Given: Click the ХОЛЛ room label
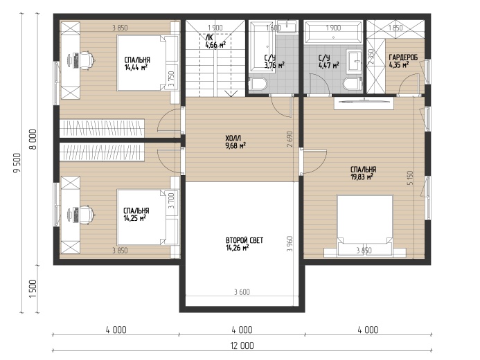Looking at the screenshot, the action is click(x=233, y=138).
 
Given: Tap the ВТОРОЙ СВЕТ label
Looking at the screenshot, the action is click(x=245, y=240).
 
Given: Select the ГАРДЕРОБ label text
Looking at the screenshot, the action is click(x=403, y=57).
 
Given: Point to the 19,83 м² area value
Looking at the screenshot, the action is click(x=362, y=177).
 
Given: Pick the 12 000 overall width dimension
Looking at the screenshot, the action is click(x=242, y=345).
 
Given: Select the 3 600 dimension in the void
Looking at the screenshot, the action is click(x=242, y=292).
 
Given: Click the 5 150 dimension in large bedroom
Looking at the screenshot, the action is click(x=410, y=178).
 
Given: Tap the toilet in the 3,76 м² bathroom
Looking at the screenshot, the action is click(x=258, y=84).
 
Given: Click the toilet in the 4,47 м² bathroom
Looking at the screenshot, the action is click(x=353, y=84).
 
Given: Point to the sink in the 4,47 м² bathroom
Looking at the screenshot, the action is click(x=355, y=62).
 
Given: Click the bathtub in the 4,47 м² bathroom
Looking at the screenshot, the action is click(x=333, y=33).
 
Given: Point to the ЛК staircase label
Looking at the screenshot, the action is click(x=209, y=37).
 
